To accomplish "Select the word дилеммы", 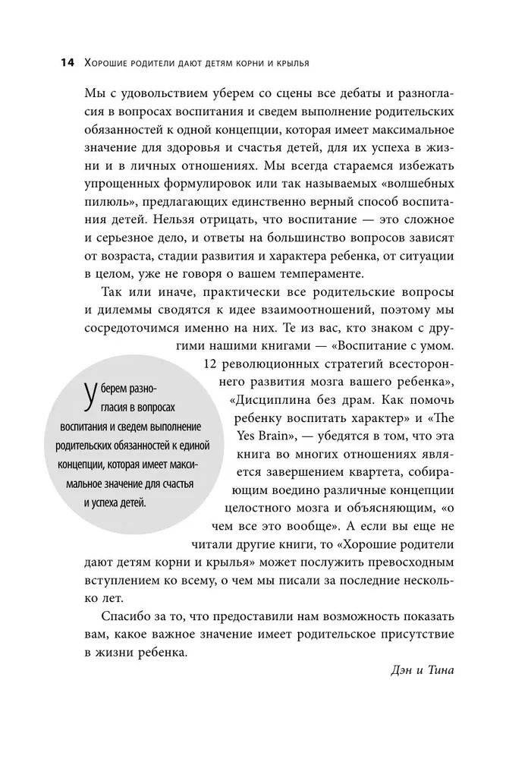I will (x=122, y=313).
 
